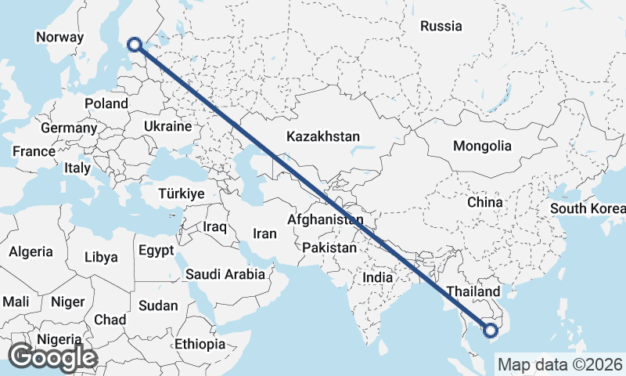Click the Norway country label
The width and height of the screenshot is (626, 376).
(59, 37)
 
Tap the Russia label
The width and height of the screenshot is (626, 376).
(441, 26)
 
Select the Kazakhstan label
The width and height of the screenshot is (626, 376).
(323, 136)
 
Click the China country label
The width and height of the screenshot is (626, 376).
(484, 202)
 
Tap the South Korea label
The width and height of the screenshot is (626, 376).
(588, 208)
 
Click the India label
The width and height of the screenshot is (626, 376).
(377, 277)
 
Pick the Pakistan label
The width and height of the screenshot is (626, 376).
(329, 248)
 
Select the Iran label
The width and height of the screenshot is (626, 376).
(264, 233)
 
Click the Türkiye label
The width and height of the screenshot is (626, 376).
(181, 193)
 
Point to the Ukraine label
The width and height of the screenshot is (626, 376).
(167, 126)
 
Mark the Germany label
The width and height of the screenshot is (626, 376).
(68, 128)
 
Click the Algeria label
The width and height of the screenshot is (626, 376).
(31, 251)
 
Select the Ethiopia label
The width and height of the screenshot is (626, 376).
(200, 344)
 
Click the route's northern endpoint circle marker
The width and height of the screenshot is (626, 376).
(135, 46)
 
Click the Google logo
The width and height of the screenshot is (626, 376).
(52, 356)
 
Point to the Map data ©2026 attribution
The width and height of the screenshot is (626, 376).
(559, 364)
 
